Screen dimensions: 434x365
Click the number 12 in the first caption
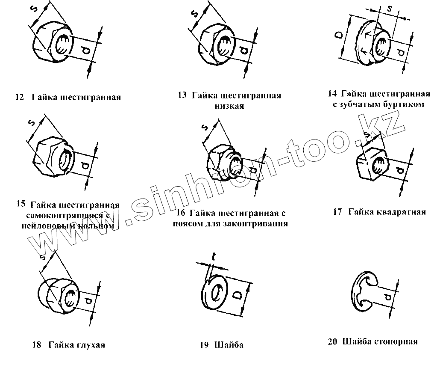[19, 97]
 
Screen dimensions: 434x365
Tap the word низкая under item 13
[229, 106]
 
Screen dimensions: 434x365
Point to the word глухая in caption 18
[90, 345]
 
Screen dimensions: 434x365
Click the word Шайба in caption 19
[229, 345]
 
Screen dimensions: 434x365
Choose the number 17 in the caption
[337, 212]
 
